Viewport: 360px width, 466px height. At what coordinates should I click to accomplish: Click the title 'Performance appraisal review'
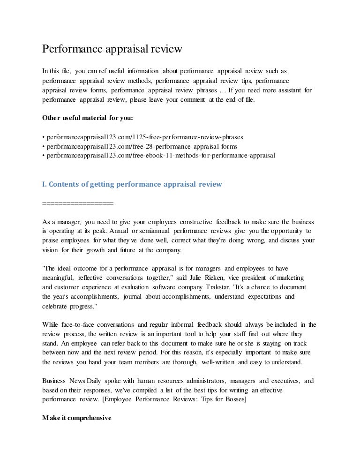(112, 49)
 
